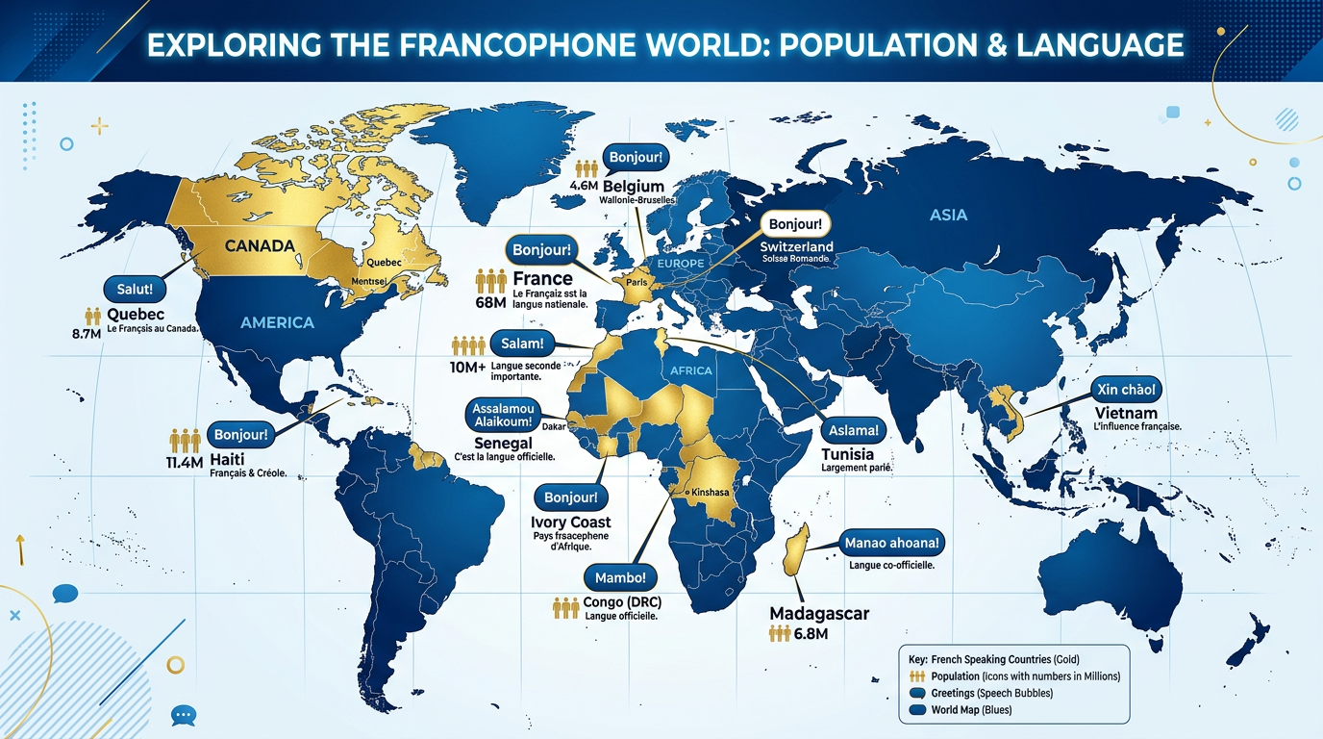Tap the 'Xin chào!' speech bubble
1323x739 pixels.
click(1126, 390)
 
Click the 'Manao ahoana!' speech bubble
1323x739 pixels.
click(892, 543)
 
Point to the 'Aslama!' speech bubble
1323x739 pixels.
click(852, 429)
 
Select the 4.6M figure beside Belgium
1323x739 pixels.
click(585, 186)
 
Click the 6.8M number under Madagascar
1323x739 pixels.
click(810, 633)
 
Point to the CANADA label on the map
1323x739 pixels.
click(260, 245)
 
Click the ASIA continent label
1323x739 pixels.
click(948, 216)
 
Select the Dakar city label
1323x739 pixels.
click(554, 425)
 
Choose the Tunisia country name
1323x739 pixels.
click(848, 453)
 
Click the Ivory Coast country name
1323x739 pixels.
click(570, 522)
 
